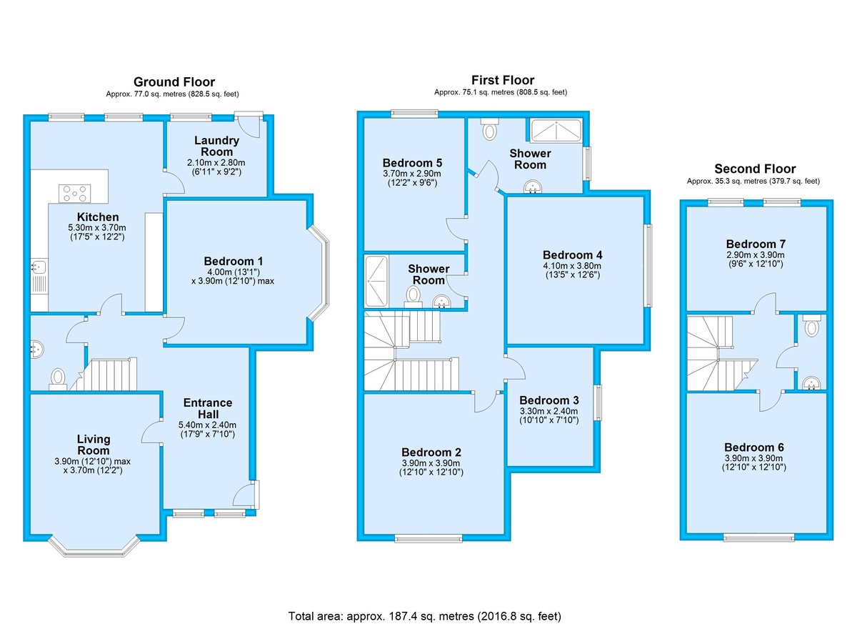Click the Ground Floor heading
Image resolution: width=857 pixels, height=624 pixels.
174,81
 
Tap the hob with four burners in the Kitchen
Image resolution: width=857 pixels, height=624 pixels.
75,193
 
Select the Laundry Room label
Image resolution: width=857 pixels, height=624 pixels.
216,147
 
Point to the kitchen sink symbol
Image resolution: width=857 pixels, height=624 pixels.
39,267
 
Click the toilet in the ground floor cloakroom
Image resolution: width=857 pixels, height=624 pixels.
58,377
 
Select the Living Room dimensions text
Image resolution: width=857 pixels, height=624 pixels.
94,467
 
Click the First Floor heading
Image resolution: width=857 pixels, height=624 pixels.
502,80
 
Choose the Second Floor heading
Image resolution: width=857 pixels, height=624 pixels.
755,169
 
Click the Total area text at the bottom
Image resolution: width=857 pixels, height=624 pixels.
428,615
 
